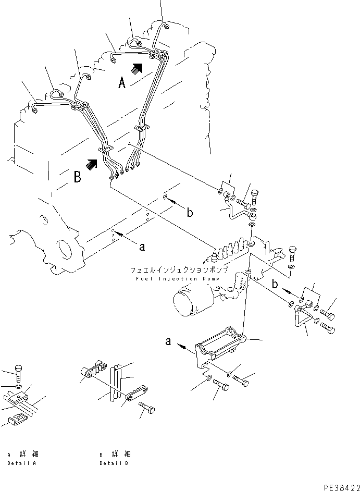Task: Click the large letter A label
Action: [121, 82]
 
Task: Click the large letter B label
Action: [77, 177]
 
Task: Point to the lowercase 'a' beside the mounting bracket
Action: [169, 342]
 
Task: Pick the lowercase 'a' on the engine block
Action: [142, 248]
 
